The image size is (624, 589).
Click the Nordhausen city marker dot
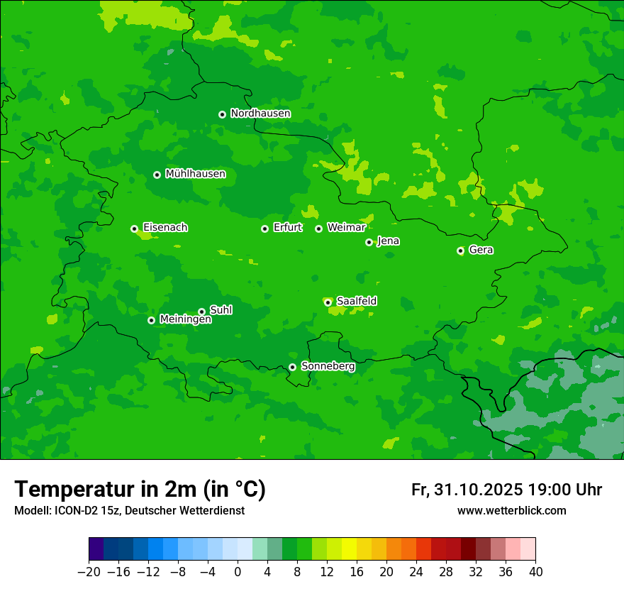point(222,114)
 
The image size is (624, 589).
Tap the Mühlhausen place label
point(195,174)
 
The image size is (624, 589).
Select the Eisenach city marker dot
point(134,229)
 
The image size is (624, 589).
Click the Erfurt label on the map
point(288,228)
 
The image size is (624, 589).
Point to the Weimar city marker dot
point(319,229)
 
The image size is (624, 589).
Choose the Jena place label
point(389,241)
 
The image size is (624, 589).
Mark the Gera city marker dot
point(460,251)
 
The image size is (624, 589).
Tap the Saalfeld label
point(357,302)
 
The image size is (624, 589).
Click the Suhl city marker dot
point(201,312)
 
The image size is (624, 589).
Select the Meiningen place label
point(185,320)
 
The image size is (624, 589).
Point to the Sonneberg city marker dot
point(292,367)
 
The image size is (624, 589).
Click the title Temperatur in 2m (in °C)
point(140,490)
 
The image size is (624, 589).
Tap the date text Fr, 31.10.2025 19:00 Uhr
point(506,490)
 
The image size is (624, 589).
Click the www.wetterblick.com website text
point(511,511)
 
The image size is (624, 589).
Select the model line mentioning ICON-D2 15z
point(129,511)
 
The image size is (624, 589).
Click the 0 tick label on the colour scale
point(238,572)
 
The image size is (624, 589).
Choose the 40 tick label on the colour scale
point(535,572)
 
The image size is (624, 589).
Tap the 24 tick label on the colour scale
point(416,572)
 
